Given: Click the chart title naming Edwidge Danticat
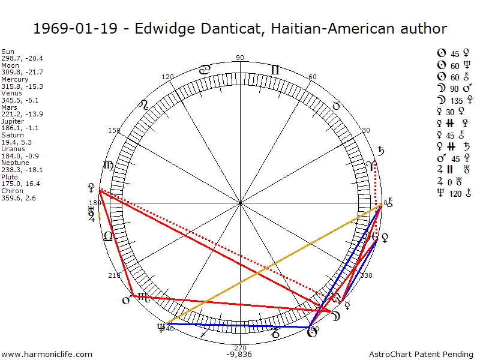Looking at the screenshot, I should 240,28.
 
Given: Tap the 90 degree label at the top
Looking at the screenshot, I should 240,58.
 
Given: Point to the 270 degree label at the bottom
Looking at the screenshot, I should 240,347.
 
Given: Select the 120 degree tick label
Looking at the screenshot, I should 167,77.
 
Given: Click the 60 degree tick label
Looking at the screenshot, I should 312,77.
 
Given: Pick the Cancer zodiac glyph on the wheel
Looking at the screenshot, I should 205,70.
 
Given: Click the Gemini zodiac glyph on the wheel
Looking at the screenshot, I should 275,70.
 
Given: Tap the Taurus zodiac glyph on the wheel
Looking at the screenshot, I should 336,106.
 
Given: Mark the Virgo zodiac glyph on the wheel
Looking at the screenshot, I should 109,166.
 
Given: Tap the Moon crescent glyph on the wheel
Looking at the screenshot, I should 337,317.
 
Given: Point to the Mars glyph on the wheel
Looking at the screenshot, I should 127,299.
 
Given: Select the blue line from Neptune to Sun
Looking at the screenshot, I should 240,325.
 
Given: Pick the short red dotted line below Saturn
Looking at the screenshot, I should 376,186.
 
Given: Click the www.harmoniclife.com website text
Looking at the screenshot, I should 47,354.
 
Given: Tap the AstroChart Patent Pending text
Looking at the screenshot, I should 422,354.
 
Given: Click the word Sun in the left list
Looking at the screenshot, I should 8,52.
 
